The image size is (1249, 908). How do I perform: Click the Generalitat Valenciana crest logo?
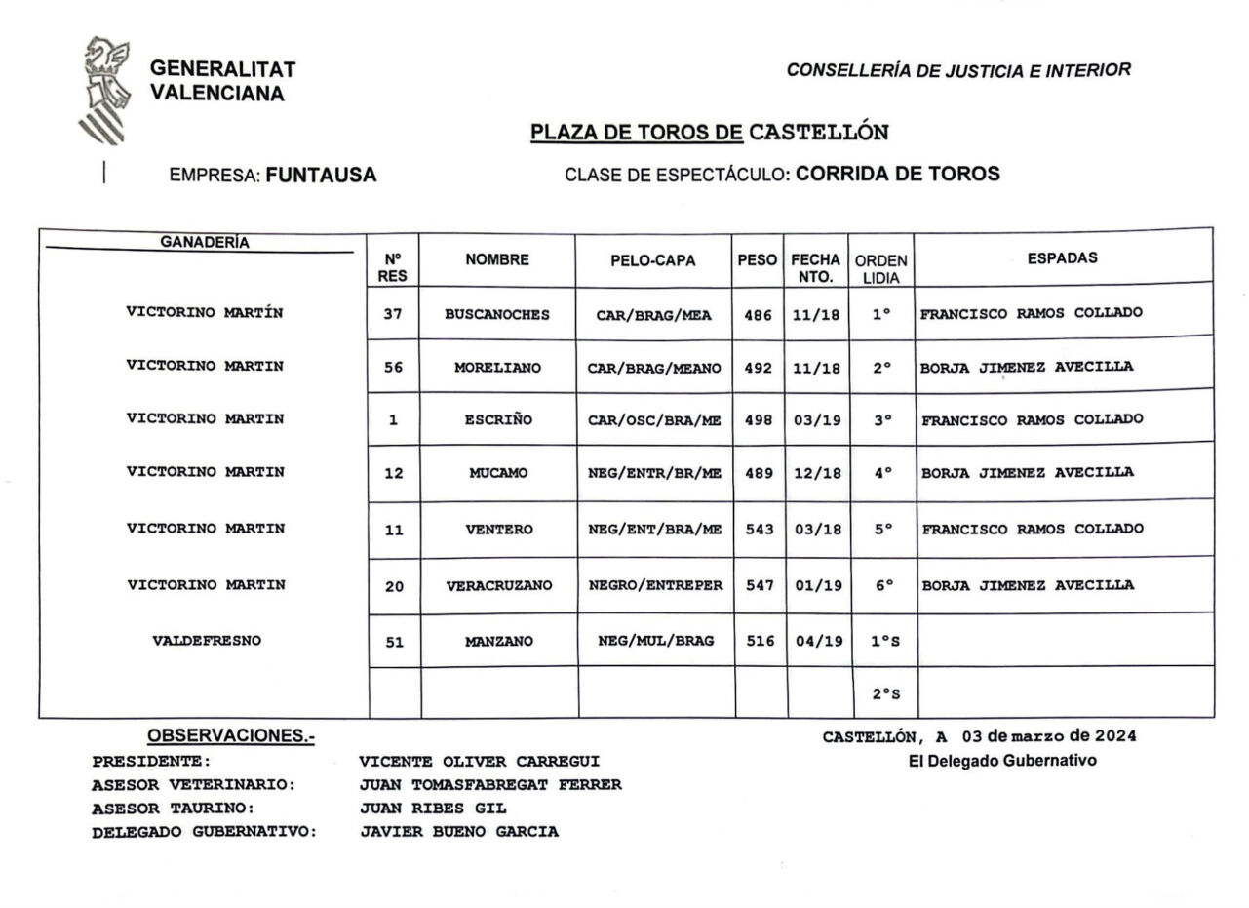pyautogui.click(x=102, y=90)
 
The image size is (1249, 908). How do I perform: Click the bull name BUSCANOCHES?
pyautogui.click(x=496, y=315)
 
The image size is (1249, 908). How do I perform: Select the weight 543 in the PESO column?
pyautogui.click(x=759, y=530)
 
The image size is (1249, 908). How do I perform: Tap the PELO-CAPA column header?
pyautogui.click(x=653, y=260)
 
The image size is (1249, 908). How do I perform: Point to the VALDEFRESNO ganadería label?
pyautogui.click(x=207, y=641)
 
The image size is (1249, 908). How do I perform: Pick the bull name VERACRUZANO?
pyautogui.click(x=499, y=586)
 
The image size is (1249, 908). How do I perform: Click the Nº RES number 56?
pyautogui.click(x=393, y=368)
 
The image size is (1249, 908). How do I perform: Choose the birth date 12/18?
pyautogui.click(x=816, y=473)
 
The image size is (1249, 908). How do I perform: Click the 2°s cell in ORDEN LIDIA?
pyautogui.click(x=885, y=694)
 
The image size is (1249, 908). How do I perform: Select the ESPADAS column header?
pyautogui.click(x=1062, y=258)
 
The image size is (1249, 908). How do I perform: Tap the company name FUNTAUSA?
pyautogui.click(x=321, y=176)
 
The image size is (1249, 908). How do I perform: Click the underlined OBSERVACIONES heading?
pyautogui.click(x=231, y=736)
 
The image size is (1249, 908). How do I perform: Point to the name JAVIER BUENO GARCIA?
pyautogui.click(x=459, y=832)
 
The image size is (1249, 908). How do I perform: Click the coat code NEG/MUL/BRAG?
pyautogui.click(x=655, y=641)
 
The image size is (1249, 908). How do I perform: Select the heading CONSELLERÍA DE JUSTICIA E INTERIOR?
pyautogui.click(x=958, y=70)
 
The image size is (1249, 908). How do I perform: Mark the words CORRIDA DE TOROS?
pyautogui.click(x=898, y=175)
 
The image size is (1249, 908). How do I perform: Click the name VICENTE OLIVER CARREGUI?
pyautogui.click(x=479, y=761)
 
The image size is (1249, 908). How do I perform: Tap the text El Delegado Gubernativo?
pyautogui.click(x=1002, y=761)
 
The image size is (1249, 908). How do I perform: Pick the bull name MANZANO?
pyautogui.click(x=498, y=642)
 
